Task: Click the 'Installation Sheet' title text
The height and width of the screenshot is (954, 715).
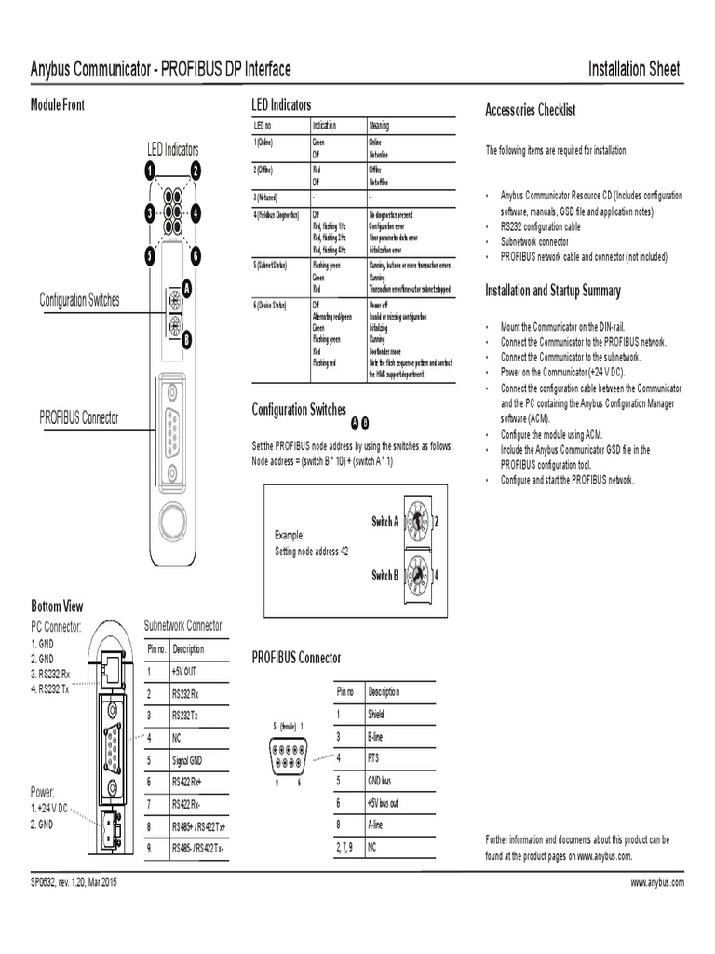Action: pos(634,69)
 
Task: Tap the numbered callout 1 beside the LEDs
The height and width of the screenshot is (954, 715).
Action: pos(147,170)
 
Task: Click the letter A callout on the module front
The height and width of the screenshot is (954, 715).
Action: pos(186,290)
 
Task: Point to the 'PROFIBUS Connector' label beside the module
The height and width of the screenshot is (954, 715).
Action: pos(79,417)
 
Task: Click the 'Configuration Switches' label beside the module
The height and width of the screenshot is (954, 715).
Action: pos(79,300)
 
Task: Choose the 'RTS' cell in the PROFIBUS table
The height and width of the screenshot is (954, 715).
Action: pos(374,757)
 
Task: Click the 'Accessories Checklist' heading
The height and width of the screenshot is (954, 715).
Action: pos(531,110)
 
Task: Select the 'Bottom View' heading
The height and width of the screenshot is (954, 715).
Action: pos(58,606)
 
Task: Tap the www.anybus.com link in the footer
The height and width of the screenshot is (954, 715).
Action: pos(657,881)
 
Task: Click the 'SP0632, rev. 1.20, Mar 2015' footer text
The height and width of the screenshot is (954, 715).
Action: pos(74,881)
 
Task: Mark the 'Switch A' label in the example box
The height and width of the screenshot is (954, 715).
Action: pos(384,522)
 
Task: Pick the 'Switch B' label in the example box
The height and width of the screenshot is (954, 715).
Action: pos(384,576)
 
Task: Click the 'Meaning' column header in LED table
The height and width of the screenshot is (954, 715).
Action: pos(379,125)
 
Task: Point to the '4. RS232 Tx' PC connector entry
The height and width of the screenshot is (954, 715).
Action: pos(50,688)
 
